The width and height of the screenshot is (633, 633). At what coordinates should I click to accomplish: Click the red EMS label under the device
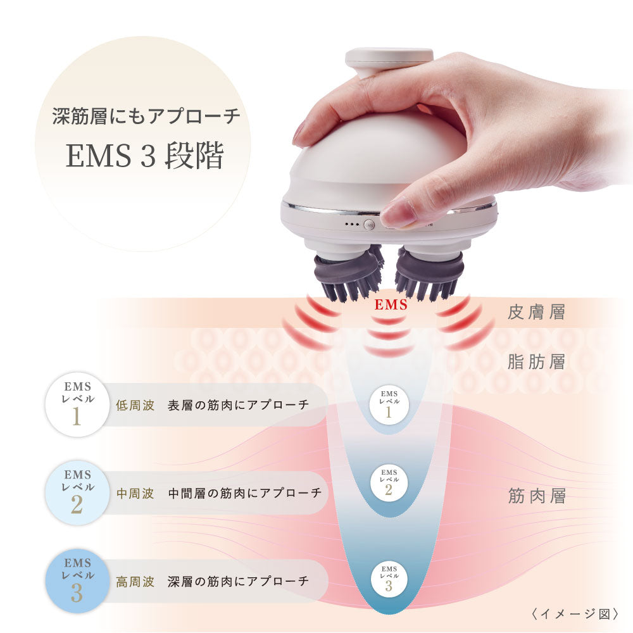pyautogui.click(x=391, y=305)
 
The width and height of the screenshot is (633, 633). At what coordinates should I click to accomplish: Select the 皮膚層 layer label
pyautogui.click(x=536, y=313)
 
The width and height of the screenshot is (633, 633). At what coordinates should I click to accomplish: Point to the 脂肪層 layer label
pyautogui.click(x=536, y=362)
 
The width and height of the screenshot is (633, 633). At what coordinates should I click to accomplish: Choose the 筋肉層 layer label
pyautogui.click(x=536, y=496)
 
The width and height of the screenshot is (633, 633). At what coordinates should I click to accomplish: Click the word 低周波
pyautogui.click(x=135, y=405)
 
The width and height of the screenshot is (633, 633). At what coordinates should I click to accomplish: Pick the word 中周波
pyautogui.click(x=135, y=493)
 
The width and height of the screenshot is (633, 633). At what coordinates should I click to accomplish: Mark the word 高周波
pyautogui.click(x=135, y=581)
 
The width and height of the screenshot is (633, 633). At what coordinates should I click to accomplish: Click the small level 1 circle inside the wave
pyautogui.click(x=389, y=403)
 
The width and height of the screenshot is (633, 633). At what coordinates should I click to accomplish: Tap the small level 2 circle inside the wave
pyautogui.click(x=389, y=483)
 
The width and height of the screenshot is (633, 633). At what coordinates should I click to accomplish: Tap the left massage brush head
pyautogui.click(x=348, y=273)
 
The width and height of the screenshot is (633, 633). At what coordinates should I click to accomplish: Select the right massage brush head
pyautogui.click(x=429, y=273)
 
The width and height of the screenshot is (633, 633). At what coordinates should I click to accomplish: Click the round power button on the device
pyautogui.click(x=368, y=224)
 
